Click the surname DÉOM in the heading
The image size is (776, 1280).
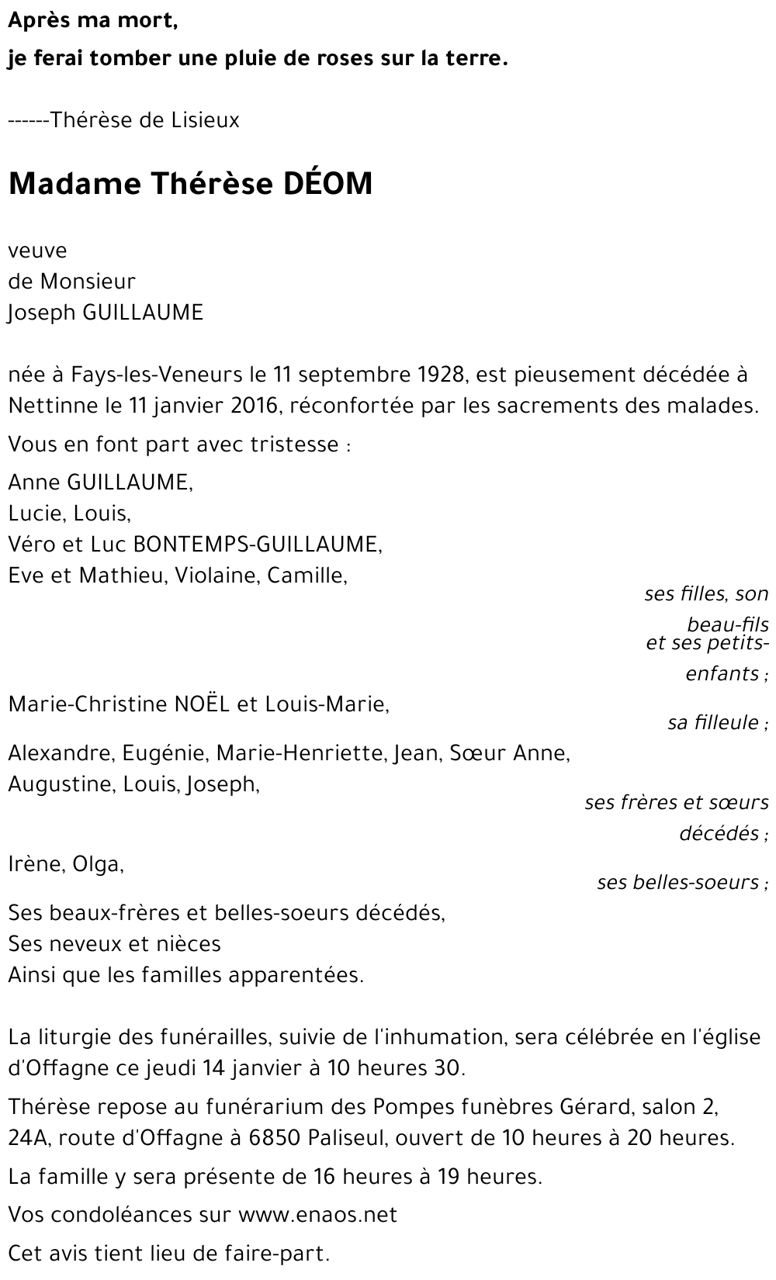[x=327, y=183]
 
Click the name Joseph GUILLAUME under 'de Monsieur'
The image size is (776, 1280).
[x=106, y=313]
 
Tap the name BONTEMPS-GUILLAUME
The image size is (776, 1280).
[x=258, y=544]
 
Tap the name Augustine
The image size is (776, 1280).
[x=61, y=784]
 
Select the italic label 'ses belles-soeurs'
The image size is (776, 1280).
[x=678, y=882]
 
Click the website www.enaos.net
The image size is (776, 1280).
[x=317, y=1214]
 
